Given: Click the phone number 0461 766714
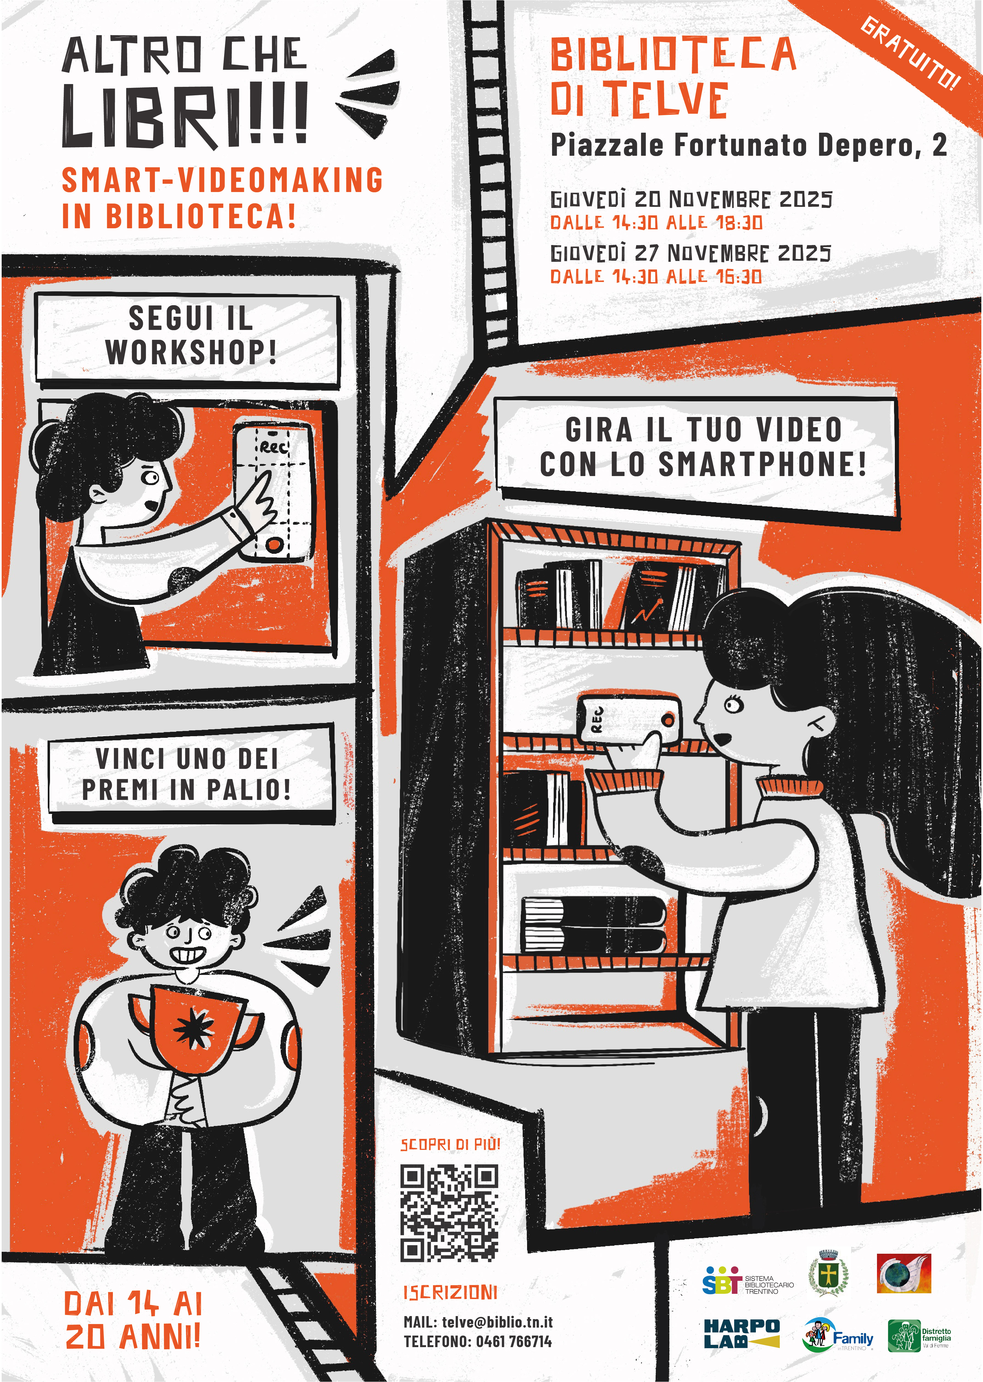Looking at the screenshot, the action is (x=514, y=1341).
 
